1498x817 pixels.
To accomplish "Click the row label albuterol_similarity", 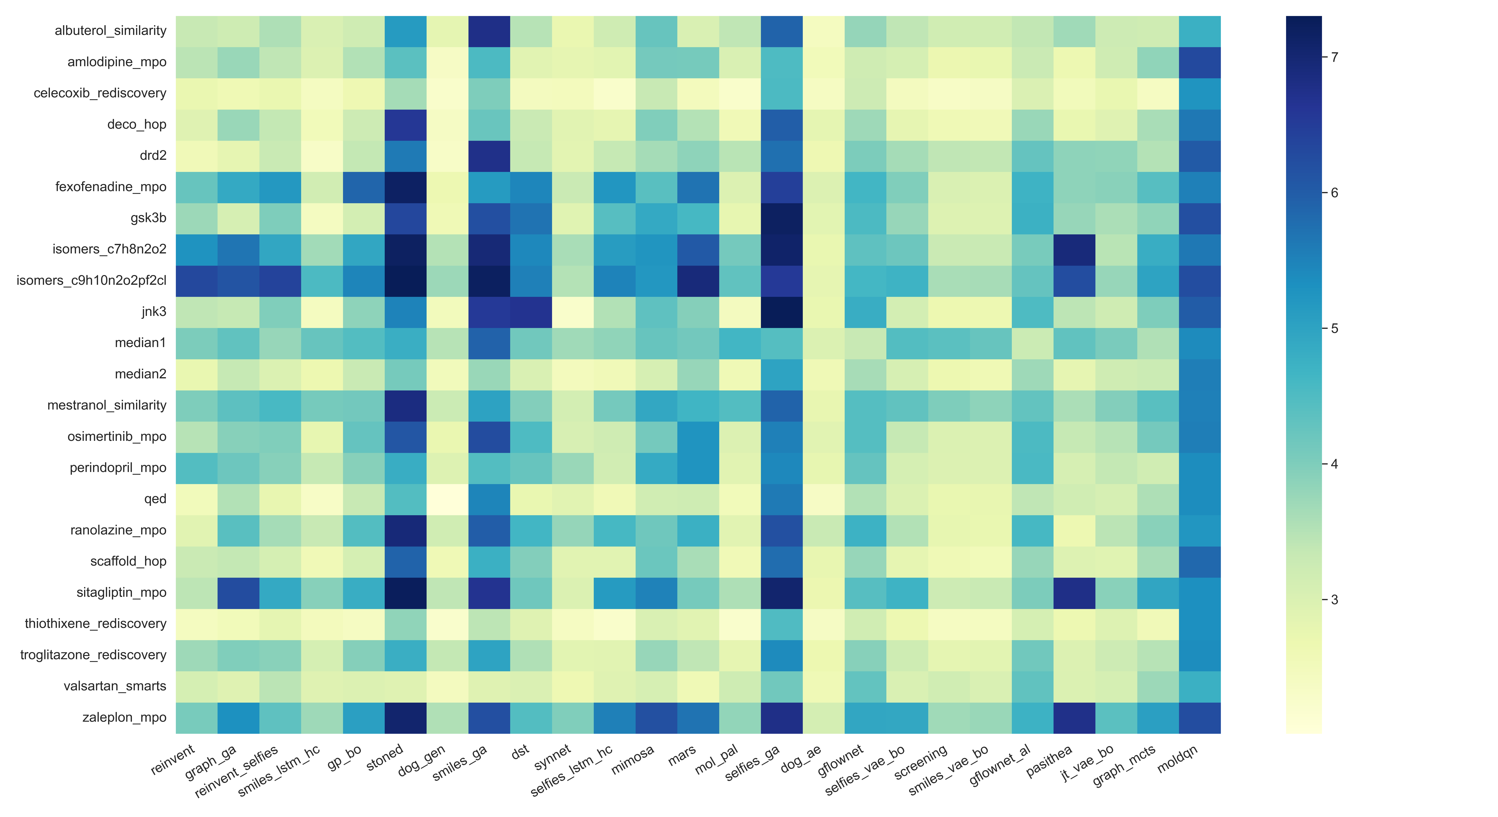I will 110,31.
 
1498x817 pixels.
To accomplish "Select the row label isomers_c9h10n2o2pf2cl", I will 91,280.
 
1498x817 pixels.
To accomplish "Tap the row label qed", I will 155,499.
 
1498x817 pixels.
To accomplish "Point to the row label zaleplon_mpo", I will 124,718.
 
